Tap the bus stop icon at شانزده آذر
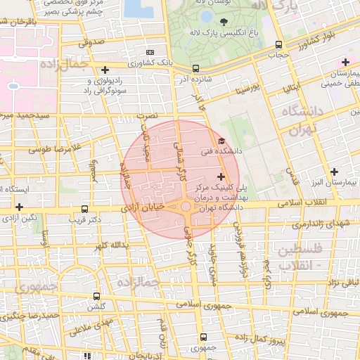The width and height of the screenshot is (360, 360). point(195,69)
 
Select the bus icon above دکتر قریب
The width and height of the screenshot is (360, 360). point(85,209)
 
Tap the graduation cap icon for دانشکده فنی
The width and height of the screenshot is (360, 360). point(222,141)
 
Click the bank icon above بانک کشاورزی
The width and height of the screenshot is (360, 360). point(149,52)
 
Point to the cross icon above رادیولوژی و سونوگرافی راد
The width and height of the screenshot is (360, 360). point(105,70)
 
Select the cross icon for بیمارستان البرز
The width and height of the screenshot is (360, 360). point(334,172)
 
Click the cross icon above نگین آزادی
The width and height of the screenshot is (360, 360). point(19,207)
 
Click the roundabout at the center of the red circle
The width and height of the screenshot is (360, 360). point(185,207)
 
